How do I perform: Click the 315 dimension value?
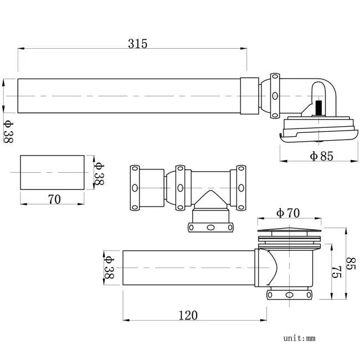pyautogui.click(x=137, y=44)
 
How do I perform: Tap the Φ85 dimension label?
pyautogui.click(x=321, y=156)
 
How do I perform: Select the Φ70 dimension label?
pyautogui.click(x=287, y=212)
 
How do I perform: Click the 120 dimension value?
pyautogui.click(x=188, y=315)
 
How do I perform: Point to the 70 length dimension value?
pyautogui.click(x=54, y=199)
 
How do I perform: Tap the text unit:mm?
pyautogui.click(x=299, y=337)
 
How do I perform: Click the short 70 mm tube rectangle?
pyautogui.click(x=53, y=173)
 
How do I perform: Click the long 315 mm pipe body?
pyautogui.click(x=130, y=96)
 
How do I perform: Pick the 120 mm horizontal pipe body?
pyautogui.click(x=188, y=268)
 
